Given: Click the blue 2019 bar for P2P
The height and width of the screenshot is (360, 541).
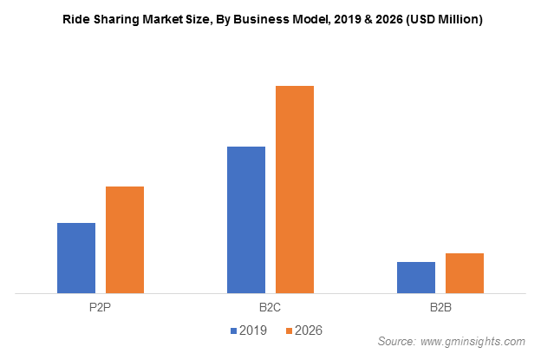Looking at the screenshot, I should click(x=76, y=258).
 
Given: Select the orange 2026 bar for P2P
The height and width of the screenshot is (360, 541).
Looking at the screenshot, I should click(x=125, y=239).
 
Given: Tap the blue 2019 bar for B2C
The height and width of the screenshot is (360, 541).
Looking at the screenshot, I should click(x=246, y=219).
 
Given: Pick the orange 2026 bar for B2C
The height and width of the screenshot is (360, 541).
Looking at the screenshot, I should click(x=295, y=189).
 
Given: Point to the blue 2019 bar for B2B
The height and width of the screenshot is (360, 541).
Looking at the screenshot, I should click(x=416, y=277).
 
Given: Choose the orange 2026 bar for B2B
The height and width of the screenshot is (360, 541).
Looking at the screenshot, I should click(x=465, y=272).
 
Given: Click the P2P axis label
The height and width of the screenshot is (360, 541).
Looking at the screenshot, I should click(x=101, y=308).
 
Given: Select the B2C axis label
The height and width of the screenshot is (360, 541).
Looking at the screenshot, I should click(x=270, y=308).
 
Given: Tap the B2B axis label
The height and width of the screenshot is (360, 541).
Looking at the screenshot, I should click(x=440, y=308).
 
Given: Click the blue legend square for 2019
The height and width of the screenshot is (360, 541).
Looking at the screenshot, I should click(x=234, y=331).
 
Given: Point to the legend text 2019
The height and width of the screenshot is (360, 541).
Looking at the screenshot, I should click(x=253, y=331).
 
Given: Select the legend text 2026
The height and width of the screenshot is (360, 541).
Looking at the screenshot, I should click(x=308, y=331).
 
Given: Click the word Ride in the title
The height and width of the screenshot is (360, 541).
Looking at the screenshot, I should click(x=75, y=19).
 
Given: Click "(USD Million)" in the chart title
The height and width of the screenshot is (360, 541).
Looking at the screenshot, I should click(x=442, y=19).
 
